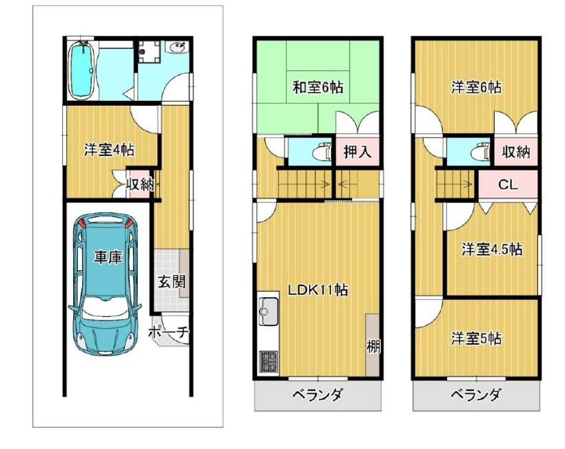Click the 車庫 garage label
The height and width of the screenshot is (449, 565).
(x=108, y=258)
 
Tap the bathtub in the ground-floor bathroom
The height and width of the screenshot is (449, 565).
(x=82, y=70)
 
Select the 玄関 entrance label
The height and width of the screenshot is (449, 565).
(x=172, y=282)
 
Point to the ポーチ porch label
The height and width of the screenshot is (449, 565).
(x=168, y=332)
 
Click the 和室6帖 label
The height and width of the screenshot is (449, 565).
(x=317, y=87)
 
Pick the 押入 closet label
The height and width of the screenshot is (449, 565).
(x=357, y=152)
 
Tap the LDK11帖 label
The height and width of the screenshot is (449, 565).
(x=317, y=289)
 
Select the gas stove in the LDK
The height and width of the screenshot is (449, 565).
(x=268, y=362)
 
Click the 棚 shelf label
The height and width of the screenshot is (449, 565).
(x=373, y=347)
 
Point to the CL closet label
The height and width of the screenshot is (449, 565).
(x=508, y=185)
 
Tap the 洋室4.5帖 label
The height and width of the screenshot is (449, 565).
(x=492, y=249)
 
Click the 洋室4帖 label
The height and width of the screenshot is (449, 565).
(x=110, y=149)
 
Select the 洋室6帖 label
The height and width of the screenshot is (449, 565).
(x=476, y=87)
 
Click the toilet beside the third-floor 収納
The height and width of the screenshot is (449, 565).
(x=481, y=151)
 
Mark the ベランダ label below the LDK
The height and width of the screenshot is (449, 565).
(x=317, y=394)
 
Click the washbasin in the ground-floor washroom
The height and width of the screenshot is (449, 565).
(x=178, y=47)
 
